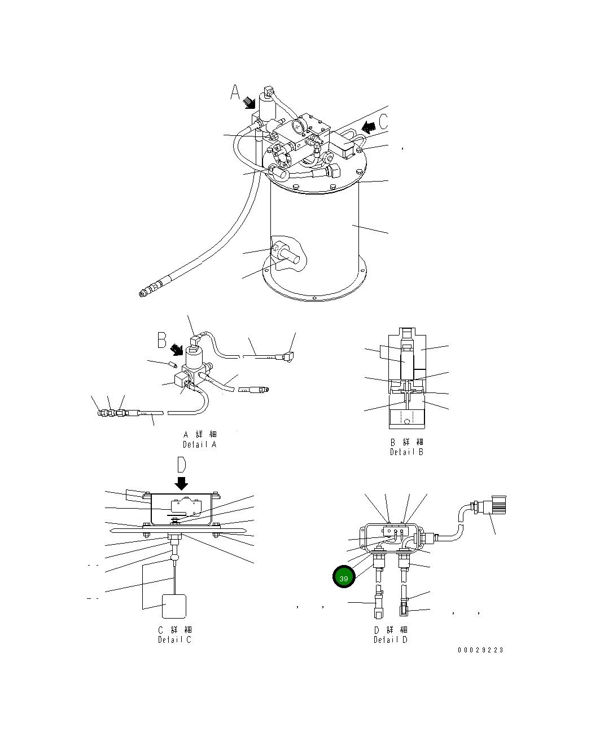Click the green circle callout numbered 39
[x=344, y=578]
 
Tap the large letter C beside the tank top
[x=384, y=122]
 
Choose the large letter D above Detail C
[x=182, y=465]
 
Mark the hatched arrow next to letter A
[x=249, y=103]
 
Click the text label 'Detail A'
[x=199, y=444]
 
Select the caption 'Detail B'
[x=406, y=452]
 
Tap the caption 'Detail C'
[x=174, y=639]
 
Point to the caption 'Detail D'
[x=390, y=639]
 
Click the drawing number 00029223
[x=480, y=650]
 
